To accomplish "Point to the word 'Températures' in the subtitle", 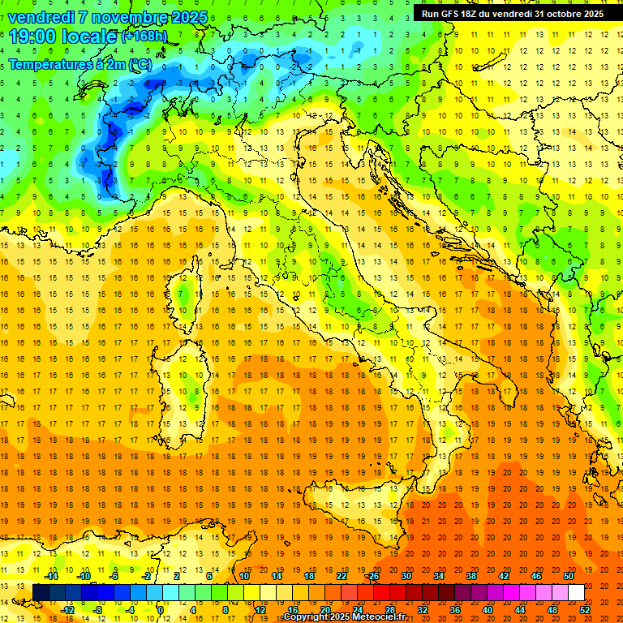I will click(x=49, y=63).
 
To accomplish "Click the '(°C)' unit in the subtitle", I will click(x=139, y=63).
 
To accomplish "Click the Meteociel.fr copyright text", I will click(x=346, y=617).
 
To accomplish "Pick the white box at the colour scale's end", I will click(x=576, y=593).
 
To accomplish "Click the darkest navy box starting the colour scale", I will click(x=41, y=593).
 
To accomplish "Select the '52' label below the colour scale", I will click(x=586, y=610).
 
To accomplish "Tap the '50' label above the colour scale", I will click(x=569, y=576).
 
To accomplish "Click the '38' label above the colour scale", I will click(x=471, y=576).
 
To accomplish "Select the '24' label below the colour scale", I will click(x=358, y=610).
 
